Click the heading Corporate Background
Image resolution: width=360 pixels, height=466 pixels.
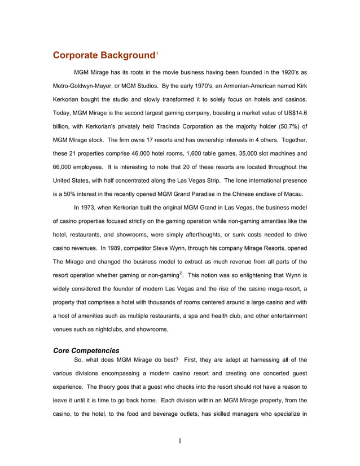click(103, 55)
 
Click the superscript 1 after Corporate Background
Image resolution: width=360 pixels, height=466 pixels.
click(157, 53)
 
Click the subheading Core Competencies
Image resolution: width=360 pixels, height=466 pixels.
click(86, 350)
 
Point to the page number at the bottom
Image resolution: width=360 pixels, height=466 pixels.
click(179, 441)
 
